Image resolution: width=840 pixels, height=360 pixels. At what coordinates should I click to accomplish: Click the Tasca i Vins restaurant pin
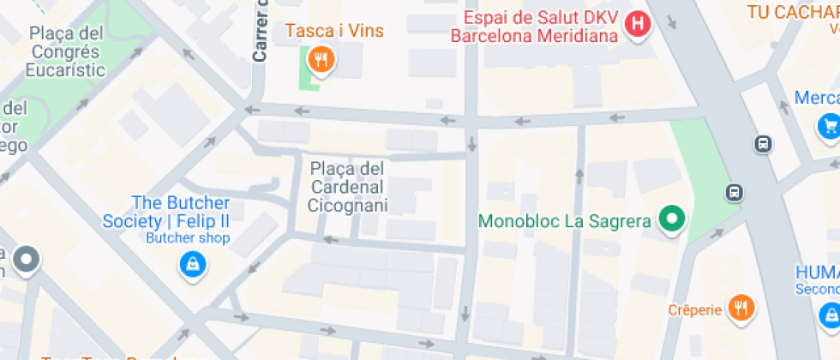(321, 60)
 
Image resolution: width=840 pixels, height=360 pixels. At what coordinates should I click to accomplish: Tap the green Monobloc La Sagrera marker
(673, 219)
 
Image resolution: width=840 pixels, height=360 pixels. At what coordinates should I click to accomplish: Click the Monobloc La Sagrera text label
(565, 221)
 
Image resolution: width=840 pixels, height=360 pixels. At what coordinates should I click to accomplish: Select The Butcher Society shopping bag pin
(192, 264)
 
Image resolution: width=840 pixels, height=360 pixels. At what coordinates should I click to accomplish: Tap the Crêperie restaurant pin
(741, 308)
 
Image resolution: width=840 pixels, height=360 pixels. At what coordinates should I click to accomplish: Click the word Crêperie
(695, 309)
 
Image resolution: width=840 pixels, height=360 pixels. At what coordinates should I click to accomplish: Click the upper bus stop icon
(763, 144)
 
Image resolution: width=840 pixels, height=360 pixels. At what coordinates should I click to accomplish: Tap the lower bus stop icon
(734, 192)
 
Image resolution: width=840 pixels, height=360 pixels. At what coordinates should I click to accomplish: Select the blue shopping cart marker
(827, 126)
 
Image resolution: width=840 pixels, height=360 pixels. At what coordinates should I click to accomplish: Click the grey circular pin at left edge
(27, 259)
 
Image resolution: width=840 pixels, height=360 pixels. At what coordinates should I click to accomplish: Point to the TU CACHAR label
(792, 12)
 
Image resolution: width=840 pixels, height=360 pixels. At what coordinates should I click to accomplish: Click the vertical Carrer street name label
(261, 31)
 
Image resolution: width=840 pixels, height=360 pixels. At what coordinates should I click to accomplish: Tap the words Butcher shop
(188, 238)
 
